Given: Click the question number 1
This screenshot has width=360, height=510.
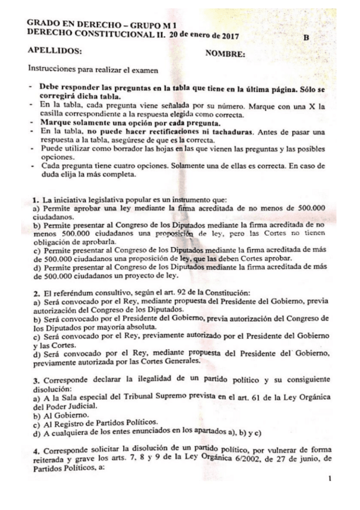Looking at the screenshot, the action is click(35, 198).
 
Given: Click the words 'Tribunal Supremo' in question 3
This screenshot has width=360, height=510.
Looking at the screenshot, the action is click(146, 396).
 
